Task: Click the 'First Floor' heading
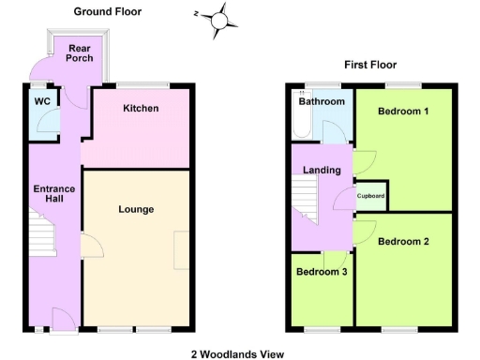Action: click(370, 65)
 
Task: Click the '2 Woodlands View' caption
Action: click(236, 353)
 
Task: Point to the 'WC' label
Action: click(41, 100)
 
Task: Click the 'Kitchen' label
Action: click(141, 109)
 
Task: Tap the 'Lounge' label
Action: click(137, 209)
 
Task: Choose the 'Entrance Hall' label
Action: click(53, 195)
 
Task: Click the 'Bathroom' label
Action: click(322, 101)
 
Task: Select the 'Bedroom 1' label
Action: click(403, 112)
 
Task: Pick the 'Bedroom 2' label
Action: click(403, 242)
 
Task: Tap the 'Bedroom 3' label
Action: click(321, 272)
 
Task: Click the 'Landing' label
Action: click(322, 170)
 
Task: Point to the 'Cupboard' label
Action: click(371, 196)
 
